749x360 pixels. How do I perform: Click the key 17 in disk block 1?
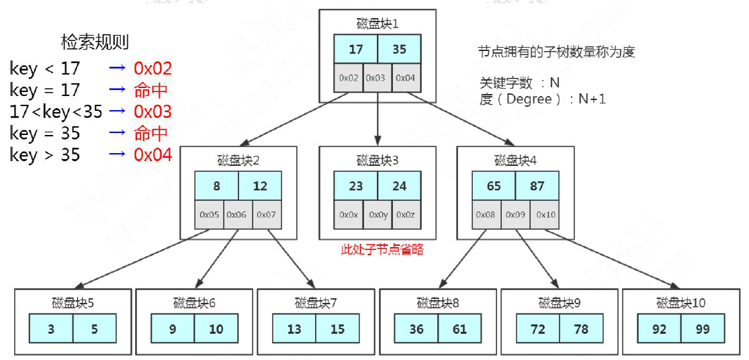click(x=356, y=49)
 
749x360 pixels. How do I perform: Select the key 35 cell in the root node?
click(x=399, y=49)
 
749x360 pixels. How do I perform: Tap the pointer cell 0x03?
click(x=378, y=77)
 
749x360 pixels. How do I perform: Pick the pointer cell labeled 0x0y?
click(x=378, y=214)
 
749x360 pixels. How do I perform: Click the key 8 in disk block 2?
click(x=216, y=186)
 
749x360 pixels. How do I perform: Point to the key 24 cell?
click(x=399, y=186)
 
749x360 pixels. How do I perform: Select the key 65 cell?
click(x=494, y=186)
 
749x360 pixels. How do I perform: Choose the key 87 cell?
click(x=537, y=186)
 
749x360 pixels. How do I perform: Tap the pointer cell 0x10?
click(x=545, y=214)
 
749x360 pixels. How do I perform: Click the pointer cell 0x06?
click(x=238, y=214)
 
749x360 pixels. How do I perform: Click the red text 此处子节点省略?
click(x=382, y=249)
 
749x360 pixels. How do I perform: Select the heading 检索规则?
click(x=95, y=42)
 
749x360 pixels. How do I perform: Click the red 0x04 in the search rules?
click(x=152, y=154)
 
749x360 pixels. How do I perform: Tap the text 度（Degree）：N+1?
click(x=543, y=99)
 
